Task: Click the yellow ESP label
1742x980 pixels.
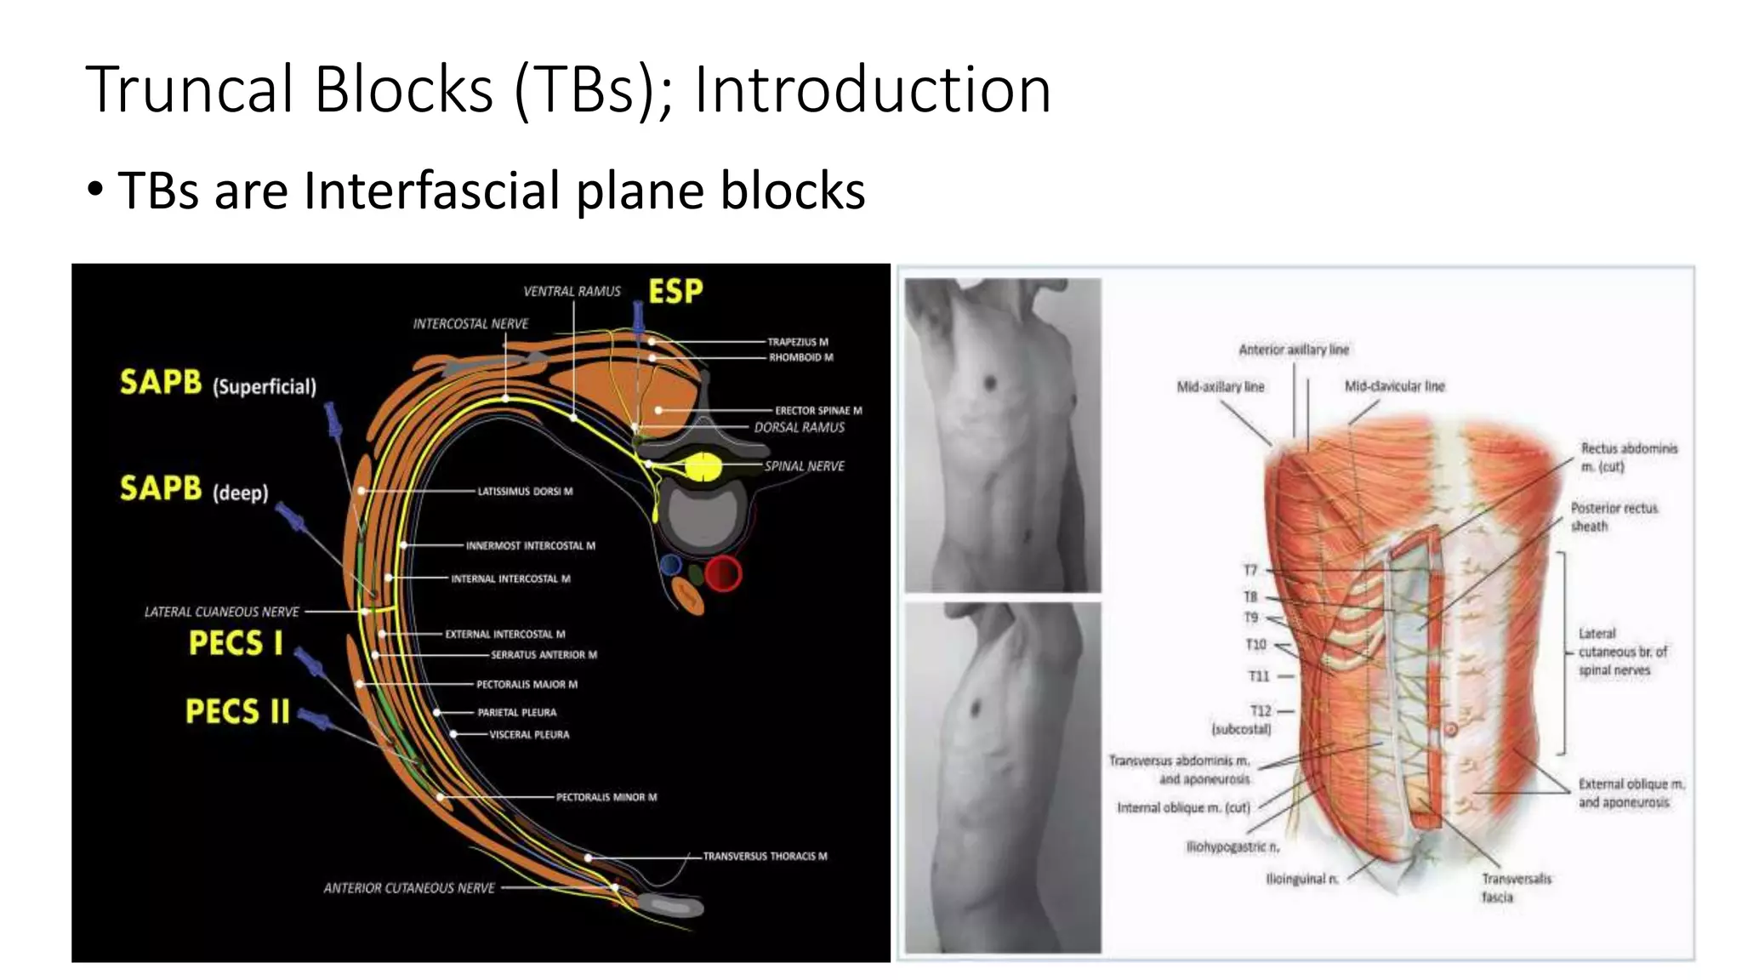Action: pos(675,292)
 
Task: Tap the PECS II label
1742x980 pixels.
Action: pos(237,711)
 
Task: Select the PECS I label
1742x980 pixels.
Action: pos(236,643)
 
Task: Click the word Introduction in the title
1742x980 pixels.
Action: pos(873,89)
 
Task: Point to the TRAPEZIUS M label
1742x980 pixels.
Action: pos(798,342)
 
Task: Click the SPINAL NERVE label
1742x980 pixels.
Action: pos(804,466)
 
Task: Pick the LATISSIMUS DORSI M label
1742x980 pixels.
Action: pos(525,492)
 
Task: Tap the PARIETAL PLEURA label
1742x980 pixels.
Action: pos(517,713)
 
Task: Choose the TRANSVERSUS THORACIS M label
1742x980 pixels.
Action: pos(765,857)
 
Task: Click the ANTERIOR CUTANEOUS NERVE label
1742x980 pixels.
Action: pos(409,888)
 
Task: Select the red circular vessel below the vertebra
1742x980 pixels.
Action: pos(723,573)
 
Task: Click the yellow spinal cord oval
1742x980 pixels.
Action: pos(703,467)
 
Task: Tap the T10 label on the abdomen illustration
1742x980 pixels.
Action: pos(1255,645)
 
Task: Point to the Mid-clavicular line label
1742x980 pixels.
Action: pos(1394,386)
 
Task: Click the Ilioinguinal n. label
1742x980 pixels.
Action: pos(1302,879)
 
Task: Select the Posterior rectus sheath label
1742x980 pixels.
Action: pos(1614,517)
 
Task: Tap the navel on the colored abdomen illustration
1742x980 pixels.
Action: pos(1451,729)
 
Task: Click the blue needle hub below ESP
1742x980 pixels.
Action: pos(638,316)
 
